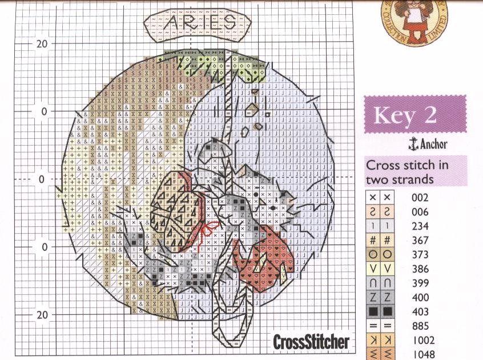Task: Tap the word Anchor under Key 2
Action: [434, 144]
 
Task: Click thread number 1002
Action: [422, 341]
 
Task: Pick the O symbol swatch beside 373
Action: [380, 255]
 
